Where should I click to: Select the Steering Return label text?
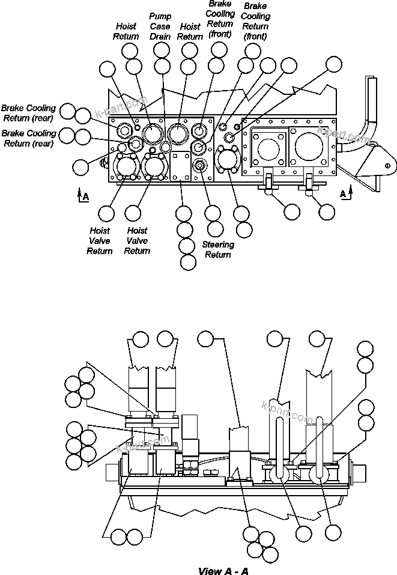click(x=217, y=249)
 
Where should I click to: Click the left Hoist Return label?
click(x=126, y=31)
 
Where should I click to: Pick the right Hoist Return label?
click(x=190, y=32)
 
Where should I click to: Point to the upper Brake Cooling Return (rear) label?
click(x=29, y=113)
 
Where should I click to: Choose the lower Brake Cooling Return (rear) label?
click(x=29, y=138)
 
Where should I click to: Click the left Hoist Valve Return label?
click(x=99, y=240)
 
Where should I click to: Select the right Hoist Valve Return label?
click(x=137, y=240)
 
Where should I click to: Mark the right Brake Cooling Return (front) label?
click(x=255, y=21)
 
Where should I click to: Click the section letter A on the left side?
click(x=86, y=196)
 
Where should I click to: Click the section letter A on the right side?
click(x=342, y=193)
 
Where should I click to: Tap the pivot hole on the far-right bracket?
click(x=387, y=165)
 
